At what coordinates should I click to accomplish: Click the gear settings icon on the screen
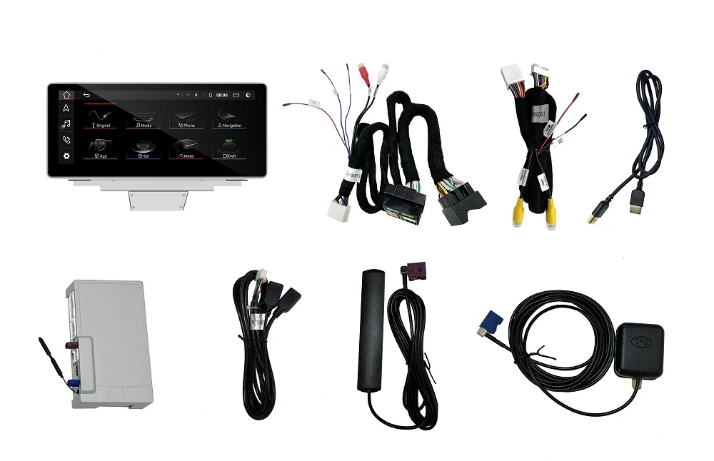(66, 156)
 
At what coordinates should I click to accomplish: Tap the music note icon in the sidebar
(66, 123)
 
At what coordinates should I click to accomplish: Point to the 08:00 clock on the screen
(222, 94)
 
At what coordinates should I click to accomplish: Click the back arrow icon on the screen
(87, 95)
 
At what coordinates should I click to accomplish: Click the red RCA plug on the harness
(362, 71)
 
